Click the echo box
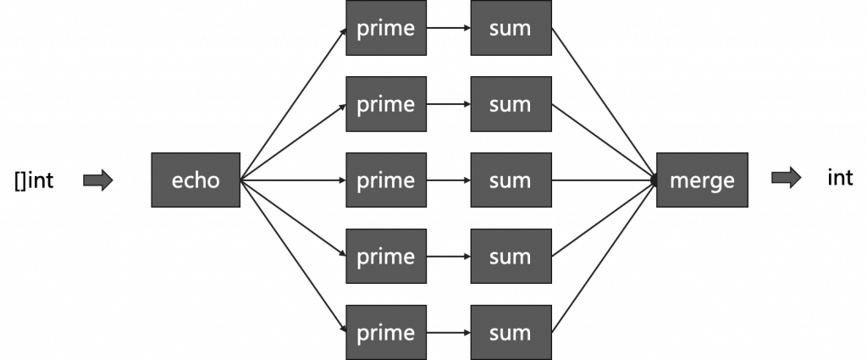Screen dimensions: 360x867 coord(196,180)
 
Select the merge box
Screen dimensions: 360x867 coord(702,180)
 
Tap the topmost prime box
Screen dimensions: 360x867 coord(385,28)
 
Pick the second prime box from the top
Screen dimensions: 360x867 coord(385,104)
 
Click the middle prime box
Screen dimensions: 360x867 coord(385,180)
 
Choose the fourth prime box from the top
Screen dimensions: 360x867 coord(385,257)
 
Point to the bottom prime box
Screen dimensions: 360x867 coord(385,332)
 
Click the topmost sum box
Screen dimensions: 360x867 coord(511,28)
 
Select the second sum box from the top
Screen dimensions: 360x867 coord(511,104)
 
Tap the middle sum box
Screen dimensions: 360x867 coord(511,180)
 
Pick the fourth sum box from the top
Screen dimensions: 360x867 coord(511,257)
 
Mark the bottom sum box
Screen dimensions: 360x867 coord(511,332)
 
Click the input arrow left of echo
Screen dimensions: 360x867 coord(98,180)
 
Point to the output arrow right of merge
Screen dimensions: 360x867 coord(786,177)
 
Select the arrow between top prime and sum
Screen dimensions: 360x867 coord(448,28)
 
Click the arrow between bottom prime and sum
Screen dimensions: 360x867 coord(448,332)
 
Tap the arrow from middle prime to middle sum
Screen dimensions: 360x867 coord(448,180)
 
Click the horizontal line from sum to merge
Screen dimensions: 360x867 coord(605,180)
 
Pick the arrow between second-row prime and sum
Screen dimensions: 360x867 coord(448,104)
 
